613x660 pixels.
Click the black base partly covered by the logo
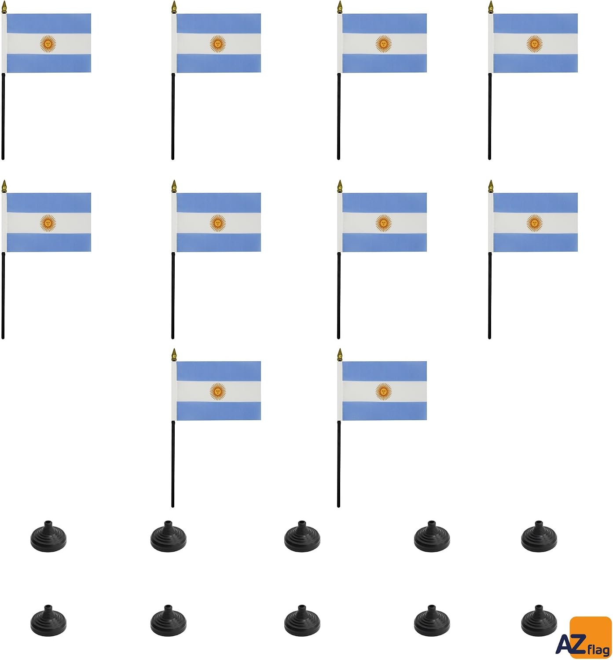point(539,621)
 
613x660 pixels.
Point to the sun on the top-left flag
point(48,44)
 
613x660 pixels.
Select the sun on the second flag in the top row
point(218,44)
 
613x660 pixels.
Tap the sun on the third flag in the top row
point(383,44)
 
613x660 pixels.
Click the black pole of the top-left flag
point(4,116)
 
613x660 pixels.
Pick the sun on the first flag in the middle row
point(48,223)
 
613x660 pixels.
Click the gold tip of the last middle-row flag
point(491,187)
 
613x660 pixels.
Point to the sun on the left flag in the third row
point(218,392)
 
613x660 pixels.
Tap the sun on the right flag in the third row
point(383,392)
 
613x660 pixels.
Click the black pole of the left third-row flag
point(173,464)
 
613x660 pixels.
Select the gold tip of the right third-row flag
point(340,355)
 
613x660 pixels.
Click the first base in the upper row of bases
point(48,537)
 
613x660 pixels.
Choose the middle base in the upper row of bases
point(302,537)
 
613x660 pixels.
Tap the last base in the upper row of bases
point(539,537)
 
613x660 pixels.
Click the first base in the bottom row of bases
point(48,621)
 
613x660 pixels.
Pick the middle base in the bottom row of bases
point(302,621)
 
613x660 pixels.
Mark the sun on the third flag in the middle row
point(383,223)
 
